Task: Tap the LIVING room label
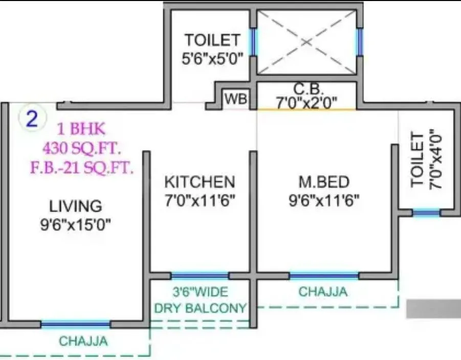click(x=76, y=206)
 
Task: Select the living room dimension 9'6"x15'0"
click(x=76, y=224)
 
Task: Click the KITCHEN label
click(x=200, y=182)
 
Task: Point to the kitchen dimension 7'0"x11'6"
click(x=200, y=200)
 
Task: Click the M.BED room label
click(x=324, y=182)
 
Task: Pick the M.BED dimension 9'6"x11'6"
click(x=324, y=200)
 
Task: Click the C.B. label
click(x=306, y=89)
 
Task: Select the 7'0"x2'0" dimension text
click(x=306, y=102)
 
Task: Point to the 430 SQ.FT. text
click(x=82, y=149)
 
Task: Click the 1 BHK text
click(x=82, y=128)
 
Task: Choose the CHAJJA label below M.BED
click(x=323, y=292)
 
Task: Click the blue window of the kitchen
click(x=200, y=276)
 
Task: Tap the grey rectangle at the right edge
click(x=433, y=309)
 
